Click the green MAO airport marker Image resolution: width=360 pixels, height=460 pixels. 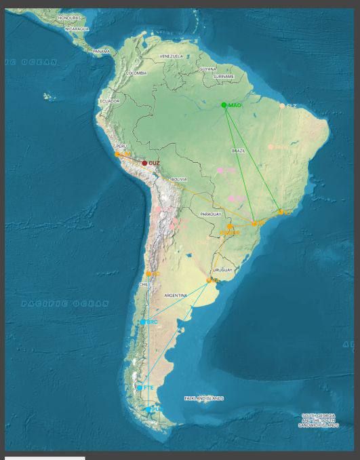point(224,104)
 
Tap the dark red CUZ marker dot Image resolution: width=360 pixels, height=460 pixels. point(144,163)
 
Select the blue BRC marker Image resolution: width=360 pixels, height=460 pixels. point(144,322)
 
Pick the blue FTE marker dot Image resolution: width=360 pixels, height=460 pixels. point(140,388)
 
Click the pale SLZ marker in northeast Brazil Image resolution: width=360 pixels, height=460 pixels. point(282,106)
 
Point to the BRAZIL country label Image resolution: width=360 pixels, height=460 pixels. point(238,150)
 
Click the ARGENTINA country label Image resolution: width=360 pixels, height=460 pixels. point(176,296)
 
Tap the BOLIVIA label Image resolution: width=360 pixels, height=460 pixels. point(178,179)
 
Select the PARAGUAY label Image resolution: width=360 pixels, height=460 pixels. point(211,214)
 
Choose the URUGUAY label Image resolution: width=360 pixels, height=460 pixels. point(223,269)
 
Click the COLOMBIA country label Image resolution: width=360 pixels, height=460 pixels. point(136,73)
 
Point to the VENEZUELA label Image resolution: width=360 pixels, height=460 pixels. point(172,56)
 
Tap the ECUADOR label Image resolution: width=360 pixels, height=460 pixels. point(109,101)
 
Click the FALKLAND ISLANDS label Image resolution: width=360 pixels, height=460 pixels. point(204,398)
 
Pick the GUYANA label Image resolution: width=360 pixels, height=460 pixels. point(207,69)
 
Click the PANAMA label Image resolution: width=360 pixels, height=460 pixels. point(102,51)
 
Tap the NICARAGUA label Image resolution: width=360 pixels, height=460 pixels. point(77,29)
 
